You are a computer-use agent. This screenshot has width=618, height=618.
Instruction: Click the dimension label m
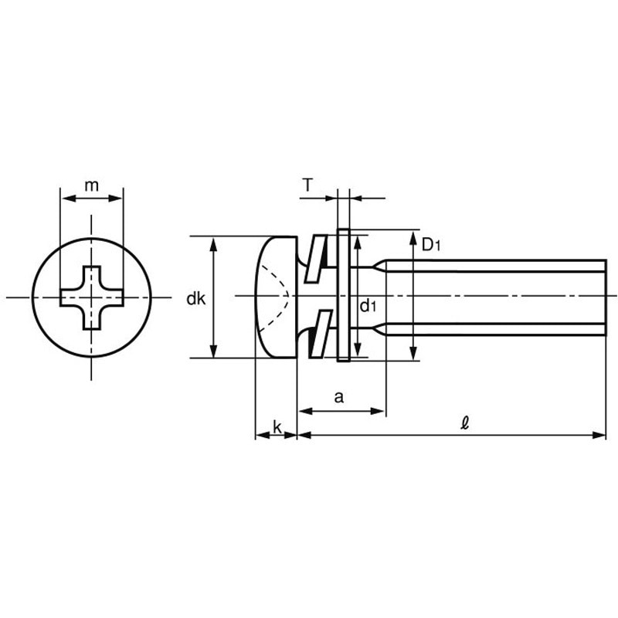(x=92, y=185)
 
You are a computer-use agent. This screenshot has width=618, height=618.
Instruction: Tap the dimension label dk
(x=195, y=298)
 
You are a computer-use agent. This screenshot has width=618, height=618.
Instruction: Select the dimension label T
(x=308, y=185)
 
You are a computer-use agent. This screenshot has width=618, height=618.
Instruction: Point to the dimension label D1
(x=430, y=246)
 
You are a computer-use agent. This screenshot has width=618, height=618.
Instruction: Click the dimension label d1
(x=368, y=306)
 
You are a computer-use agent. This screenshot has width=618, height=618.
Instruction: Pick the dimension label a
(x=338, y=397)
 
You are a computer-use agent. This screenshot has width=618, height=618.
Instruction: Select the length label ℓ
(x=464, y=423)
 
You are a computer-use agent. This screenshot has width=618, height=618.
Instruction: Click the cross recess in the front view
(x=92, y=297)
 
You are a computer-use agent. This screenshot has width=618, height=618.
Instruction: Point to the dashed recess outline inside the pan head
(x=278, y=296)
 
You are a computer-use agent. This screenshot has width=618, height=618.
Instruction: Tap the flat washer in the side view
(x=345, y=296)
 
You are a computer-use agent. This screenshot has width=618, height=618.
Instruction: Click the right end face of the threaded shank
(x=605, y=297)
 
